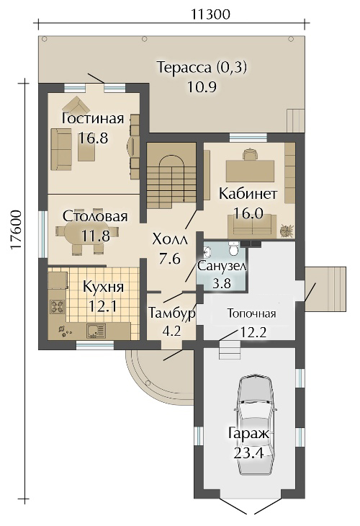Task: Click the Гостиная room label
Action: point(93,119)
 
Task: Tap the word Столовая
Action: point(95,217)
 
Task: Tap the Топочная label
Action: point(252,314)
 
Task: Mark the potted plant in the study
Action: point(287,229)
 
